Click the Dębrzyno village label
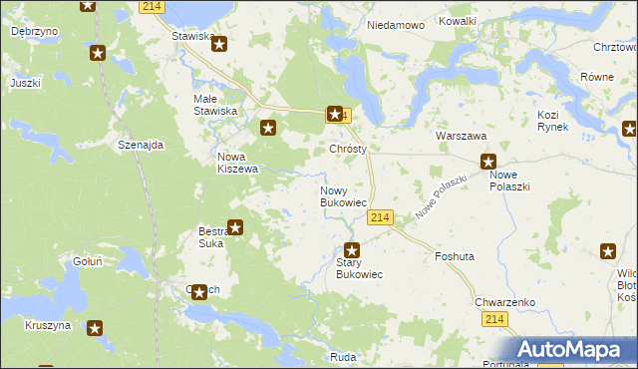(33, 31)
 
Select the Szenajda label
(140, 145)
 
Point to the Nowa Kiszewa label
(238, 163)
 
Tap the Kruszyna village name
(48, 325)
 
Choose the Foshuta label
(454, 256)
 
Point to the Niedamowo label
(396, 24)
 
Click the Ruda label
(343, 356)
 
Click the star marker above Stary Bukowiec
(351, 250)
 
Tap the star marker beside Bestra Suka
(235, 227)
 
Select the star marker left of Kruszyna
(95, 327)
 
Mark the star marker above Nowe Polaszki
(488, 162)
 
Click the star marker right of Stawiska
(220, 44)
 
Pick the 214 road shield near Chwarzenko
(495, 318)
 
